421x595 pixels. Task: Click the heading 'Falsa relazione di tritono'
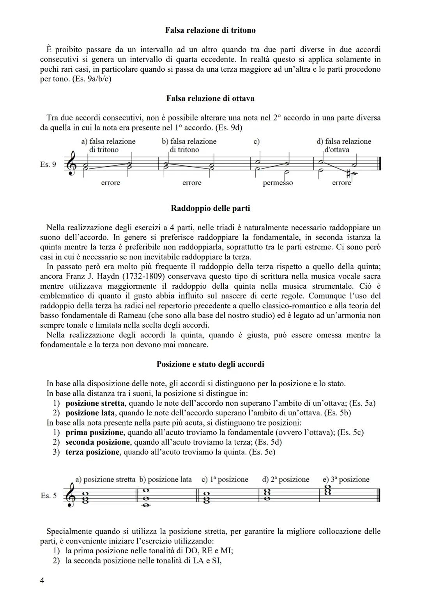tap(210, 30)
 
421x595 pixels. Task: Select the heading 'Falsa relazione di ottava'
tap(210, 98)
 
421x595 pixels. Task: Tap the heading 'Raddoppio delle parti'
tap(210, 208)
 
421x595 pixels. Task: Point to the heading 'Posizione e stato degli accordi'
tap(210, 364)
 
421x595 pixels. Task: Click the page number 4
tap(42, 581)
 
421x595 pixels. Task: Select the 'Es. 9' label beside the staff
tap(48, 164)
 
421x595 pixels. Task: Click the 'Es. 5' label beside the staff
tap(48, 496)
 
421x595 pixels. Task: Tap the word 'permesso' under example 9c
tap(278, 183)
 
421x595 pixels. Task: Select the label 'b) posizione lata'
tap(165, 479)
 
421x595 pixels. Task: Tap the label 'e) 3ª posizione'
tap(346, 479)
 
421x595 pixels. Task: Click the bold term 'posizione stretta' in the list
tap(95, 403)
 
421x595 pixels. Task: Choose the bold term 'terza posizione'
tap(92, 452)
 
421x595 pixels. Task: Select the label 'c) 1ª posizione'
tap(225, 479)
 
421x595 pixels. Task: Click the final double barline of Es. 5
tap(379, 496)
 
